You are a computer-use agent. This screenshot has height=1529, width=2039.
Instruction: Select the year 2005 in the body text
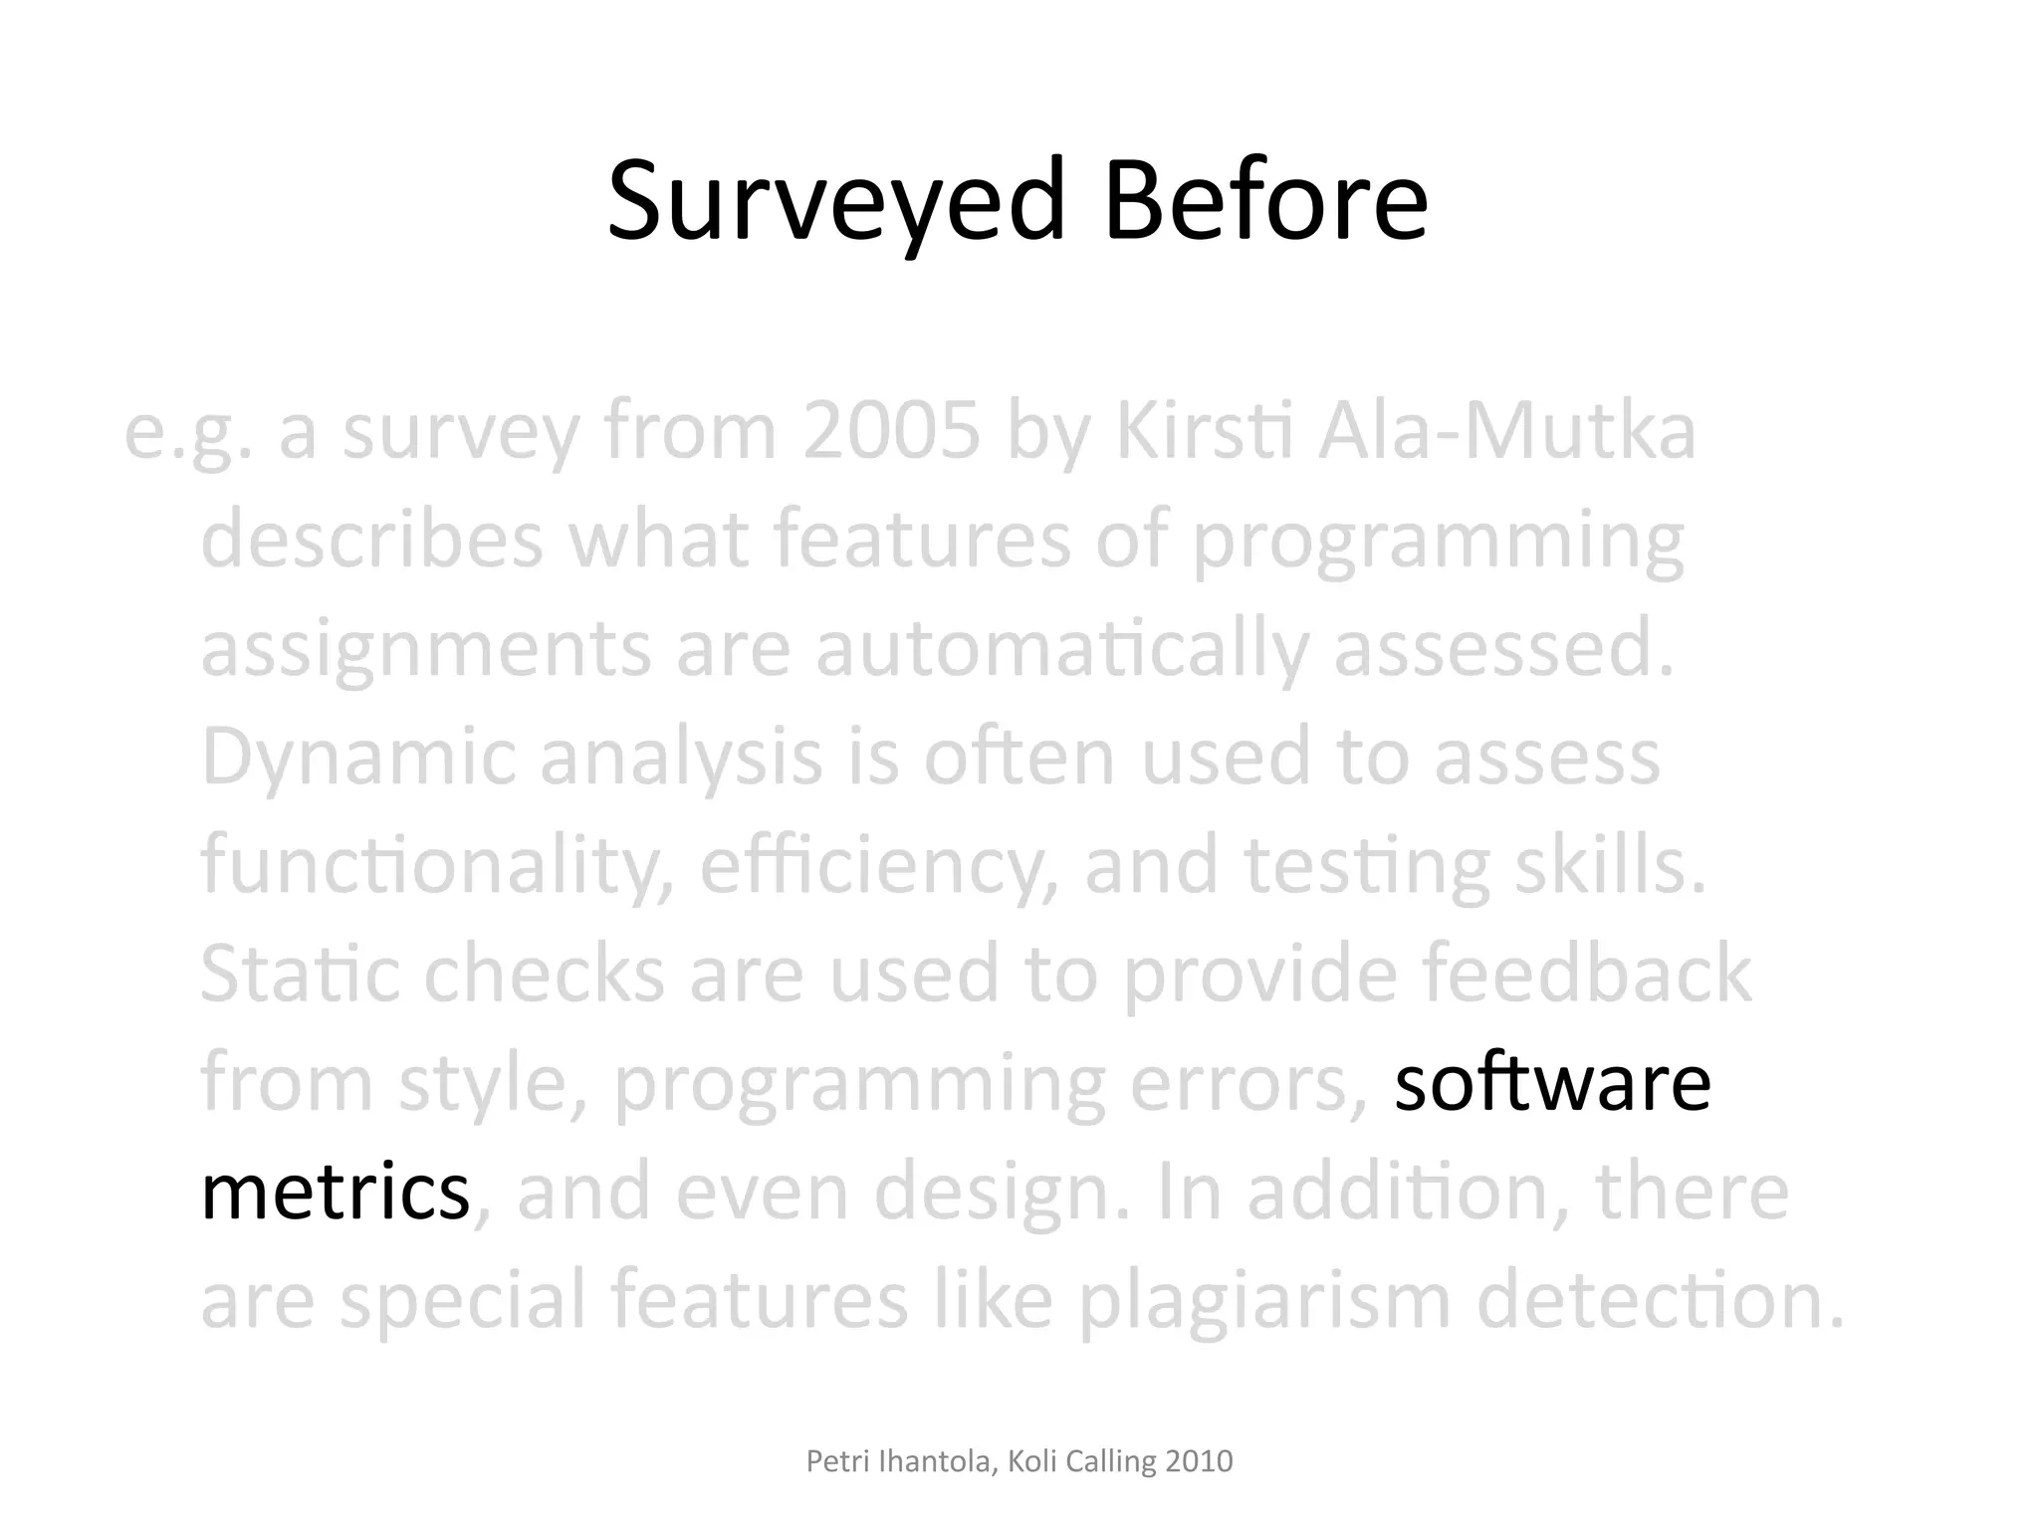pyautogui.click(x=891, y=433)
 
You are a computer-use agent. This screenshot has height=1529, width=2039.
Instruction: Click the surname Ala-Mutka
pyautogui.click(x=1506, y=433)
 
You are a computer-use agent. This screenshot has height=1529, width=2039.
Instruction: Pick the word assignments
pyautogui.click(x=426, y=650)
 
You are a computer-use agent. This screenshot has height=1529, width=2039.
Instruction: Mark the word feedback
pyautogui.click(x=1587, y=975)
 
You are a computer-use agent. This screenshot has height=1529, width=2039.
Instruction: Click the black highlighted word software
pyautogui.click(x=1552, y=1084)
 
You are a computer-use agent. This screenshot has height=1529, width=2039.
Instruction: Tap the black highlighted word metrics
pyautogui.click(x=335, y=1193)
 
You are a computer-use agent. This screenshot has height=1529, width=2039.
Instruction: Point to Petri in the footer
pyautogui.click(x=831, y=1461)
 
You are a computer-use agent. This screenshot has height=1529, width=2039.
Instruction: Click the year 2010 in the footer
pyautogui.click(x=1199, y=1461)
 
